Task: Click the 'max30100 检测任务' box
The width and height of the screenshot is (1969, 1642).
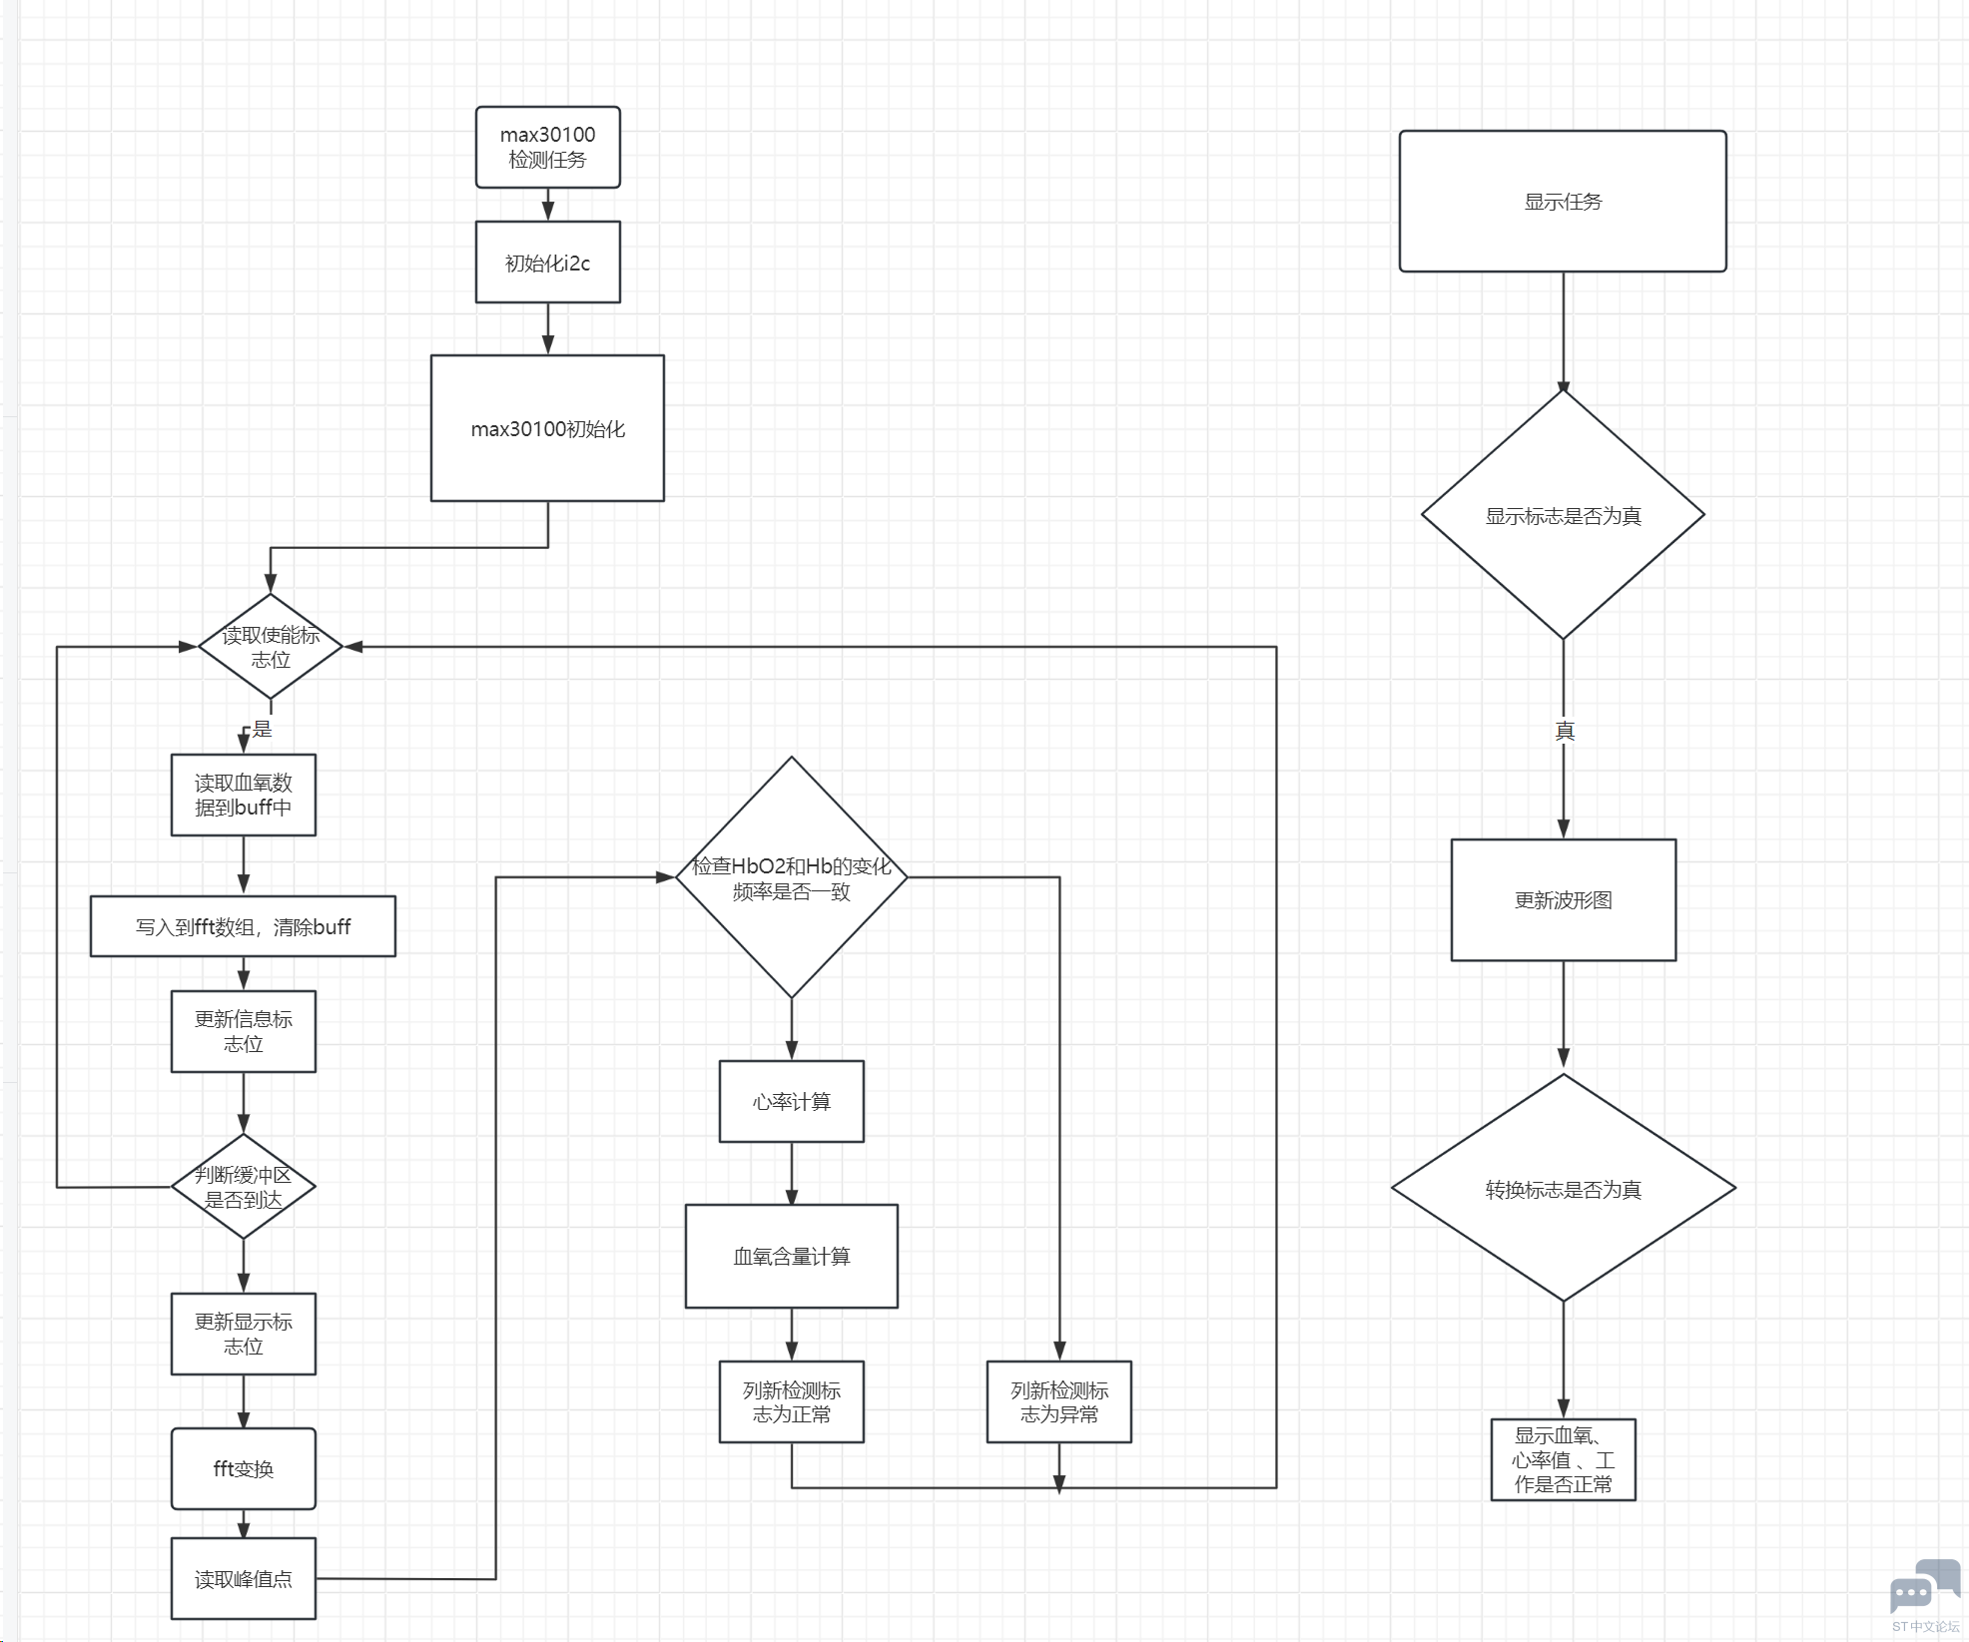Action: pyautogui.click(x=547, y=148)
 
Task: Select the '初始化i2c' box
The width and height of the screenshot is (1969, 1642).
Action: pyautogui.click(x=547, y=263)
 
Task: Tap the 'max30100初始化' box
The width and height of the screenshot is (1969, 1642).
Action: pyautogui.click(x=547, y=428)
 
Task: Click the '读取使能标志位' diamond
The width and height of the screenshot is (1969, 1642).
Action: pyautogui.click(x=271, y=647)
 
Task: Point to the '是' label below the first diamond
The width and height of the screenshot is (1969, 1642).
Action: pyautogui.click(x=263, y=729)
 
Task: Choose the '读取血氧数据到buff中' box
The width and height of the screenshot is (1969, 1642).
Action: pyautogui.click(x=244, y=795)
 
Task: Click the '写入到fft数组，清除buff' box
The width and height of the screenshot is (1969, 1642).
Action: pyautogui.click(x=243, y=926)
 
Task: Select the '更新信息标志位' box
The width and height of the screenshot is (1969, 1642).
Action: pyautogui.click(x=244, y=1031)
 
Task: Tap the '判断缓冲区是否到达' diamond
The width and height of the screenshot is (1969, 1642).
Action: pyautogui.click(x=244, y=1187)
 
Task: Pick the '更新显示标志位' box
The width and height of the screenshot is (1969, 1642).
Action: pyautogui.click(x=244, y=1334)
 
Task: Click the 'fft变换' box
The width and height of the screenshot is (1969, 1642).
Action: pyautogui.click(x=244, y=1468)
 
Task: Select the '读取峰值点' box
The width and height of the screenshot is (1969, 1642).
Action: pyautogui.click(x=244, y=1578)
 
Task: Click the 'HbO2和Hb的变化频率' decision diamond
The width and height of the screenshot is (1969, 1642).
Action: pyautogui.click(x=792, y=877)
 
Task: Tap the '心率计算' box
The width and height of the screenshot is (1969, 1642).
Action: pyautogui.click(x=792, y=1101)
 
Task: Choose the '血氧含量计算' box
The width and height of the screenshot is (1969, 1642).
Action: pyautogui.click(x=792, y=1256)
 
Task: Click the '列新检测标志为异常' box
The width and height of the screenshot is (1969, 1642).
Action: pyautogui.click(x=1059, y=1401)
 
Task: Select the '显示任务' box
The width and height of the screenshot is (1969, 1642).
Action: pyautogui.click(x=1563, y=201)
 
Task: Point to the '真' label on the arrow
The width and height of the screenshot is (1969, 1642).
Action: pyautogui.click(x=1565, y=731)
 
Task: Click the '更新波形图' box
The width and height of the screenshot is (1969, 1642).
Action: pyautogui.click(x=1564, y=899)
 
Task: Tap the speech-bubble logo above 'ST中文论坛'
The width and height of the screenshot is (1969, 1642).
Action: pyautogui.click(x=1926, y=1586)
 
